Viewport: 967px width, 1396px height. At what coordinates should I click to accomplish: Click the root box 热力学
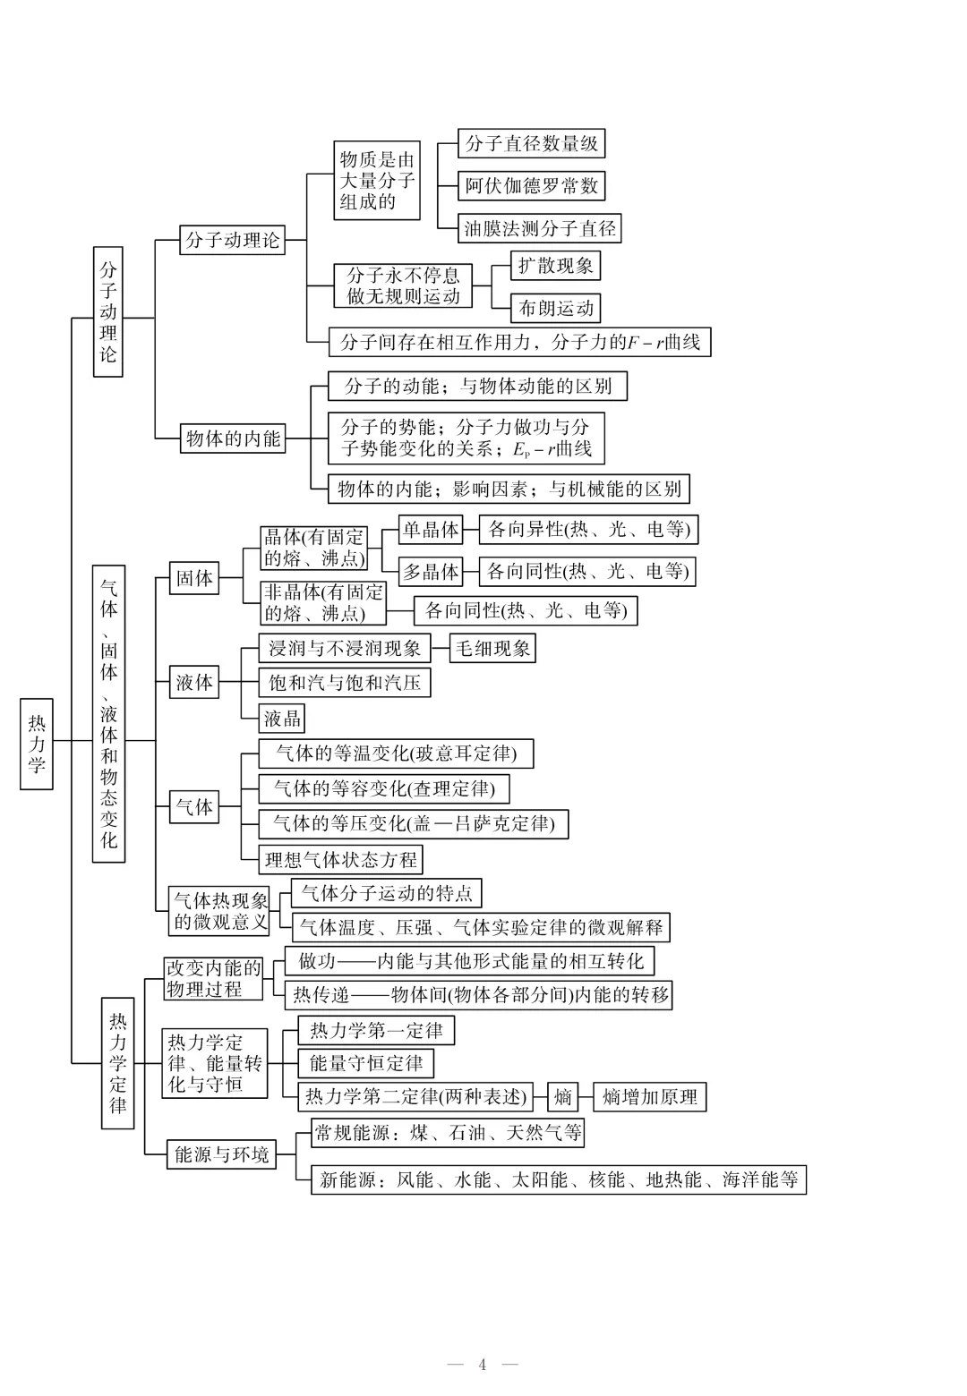(37, 744)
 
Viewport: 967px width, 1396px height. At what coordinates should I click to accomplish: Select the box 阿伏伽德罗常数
(531, 186)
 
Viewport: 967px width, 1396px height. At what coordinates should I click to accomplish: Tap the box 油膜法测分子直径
(540, 228)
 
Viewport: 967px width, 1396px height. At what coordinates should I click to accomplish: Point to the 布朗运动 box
(556, 309)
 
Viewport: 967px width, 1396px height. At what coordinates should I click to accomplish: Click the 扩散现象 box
(555, 266)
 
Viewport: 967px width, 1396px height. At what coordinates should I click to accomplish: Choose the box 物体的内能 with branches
(233, 438)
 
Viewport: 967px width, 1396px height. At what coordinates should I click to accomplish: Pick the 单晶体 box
(431, 530)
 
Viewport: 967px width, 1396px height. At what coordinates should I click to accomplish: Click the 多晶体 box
(431, 571)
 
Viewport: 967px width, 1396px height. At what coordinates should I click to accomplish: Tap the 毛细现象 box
(493, 649)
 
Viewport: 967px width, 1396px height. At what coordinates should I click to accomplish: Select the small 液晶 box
(282, 718)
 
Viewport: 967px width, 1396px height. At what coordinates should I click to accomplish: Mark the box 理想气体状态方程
(341, 860)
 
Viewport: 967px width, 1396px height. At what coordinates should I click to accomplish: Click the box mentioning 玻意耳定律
(396, 753)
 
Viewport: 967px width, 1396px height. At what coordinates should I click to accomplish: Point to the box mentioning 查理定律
(383, 788)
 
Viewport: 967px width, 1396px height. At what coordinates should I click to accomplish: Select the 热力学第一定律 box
(376, 1031)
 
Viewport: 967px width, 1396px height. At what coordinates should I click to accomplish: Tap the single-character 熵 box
(562, 1097)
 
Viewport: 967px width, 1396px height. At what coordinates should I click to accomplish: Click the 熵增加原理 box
(649, 1097)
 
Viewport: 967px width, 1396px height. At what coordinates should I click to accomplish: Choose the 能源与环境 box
(221, 1154)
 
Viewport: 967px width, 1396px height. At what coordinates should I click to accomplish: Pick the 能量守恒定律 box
(366, 1063)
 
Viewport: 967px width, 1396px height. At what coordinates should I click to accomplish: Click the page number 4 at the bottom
(483, 1364)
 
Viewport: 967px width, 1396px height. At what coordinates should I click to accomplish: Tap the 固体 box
(194, 579)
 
